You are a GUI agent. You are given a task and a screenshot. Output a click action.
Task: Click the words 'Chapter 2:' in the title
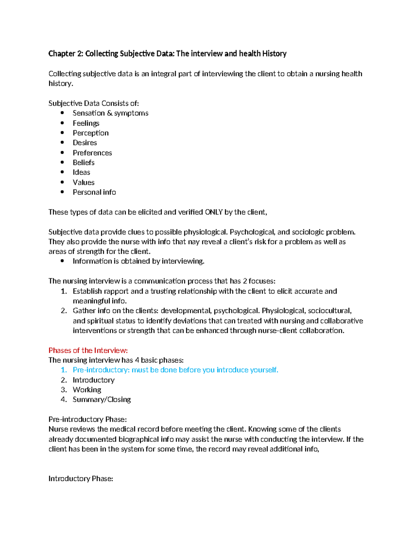tap(65, 54)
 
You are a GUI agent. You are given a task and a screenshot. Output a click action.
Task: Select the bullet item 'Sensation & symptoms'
tap(110, 113)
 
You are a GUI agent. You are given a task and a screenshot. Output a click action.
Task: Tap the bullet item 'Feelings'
tap(86, 123)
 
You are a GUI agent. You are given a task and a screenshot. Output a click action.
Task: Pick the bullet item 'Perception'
tap(91, 133)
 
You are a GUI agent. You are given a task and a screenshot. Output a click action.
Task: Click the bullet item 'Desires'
tap(85, 143)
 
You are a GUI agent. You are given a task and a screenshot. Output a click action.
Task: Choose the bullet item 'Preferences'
tap(92, 153)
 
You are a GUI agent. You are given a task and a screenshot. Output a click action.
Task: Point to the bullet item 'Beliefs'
tap(83, 163)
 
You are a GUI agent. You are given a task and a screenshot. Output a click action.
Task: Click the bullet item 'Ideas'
tap(81, 172)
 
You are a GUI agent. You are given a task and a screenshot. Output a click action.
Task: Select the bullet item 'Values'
tap(83, 182)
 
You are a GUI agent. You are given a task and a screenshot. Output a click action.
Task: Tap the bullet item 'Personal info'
tap(94, 192)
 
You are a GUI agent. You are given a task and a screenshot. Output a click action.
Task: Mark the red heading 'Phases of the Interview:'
tap(88, 350)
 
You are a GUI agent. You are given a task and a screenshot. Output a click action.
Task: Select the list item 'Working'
tap(87, 390)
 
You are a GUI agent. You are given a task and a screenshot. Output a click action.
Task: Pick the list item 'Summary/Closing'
tap(102, 400)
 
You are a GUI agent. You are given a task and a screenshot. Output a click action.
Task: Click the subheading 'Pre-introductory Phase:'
tap(87, 419)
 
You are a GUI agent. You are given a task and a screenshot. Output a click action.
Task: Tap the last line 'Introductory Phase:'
tap(81, 479)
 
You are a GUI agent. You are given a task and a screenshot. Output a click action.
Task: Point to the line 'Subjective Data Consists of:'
tap(94, 103)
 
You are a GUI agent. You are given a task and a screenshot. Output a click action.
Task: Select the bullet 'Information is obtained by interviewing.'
tap(138, 261)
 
